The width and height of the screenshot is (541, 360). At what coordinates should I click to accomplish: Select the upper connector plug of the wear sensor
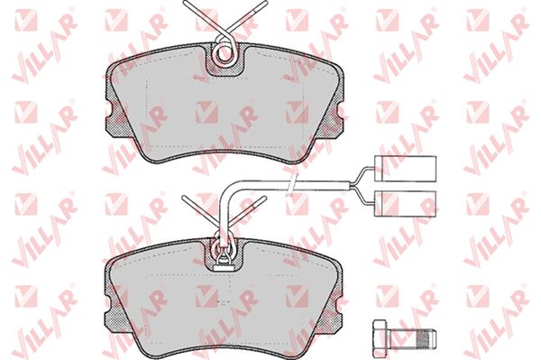pyautogui.click(x=406, y=168)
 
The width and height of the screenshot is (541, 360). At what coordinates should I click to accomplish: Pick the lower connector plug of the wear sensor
pyautogui.click(x=406, y=203)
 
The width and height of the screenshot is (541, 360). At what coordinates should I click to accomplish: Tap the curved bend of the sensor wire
pyautogui.click(x=228, y=189)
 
